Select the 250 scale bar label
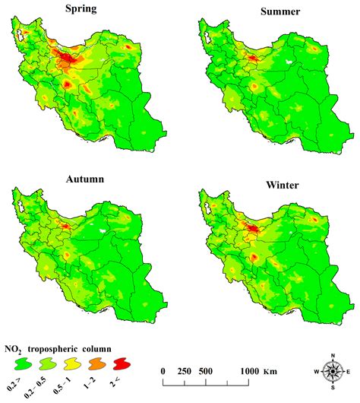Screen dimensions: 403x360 185,370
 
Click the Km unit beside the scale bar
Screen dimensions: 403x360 270,370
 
